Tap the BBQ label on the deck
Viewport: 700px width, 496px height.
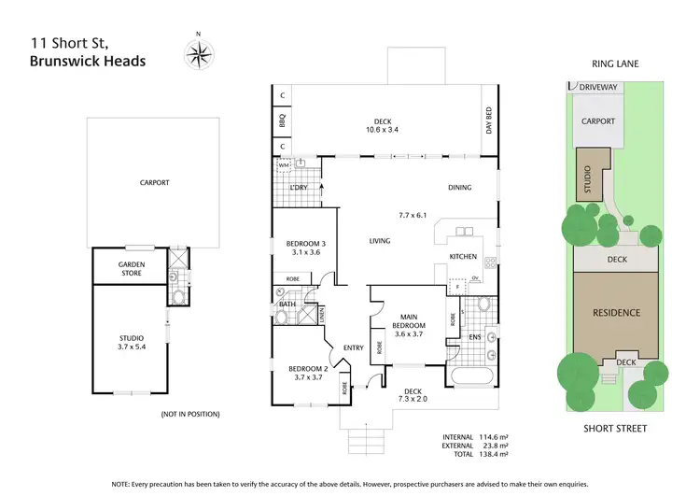282,120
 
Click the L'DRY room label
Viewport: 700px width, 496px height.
299,188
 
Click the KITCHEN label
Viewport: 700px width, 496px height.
463,256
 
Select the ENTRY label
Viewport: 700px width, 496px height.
353,347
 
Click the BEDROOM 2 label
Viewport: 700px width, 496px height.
307,371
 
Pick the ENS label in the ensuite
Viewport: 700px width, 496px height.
474,336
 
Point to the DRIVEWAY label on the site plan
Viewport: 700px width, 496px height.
598,86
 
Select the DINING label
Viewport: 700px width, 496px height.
459,187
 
